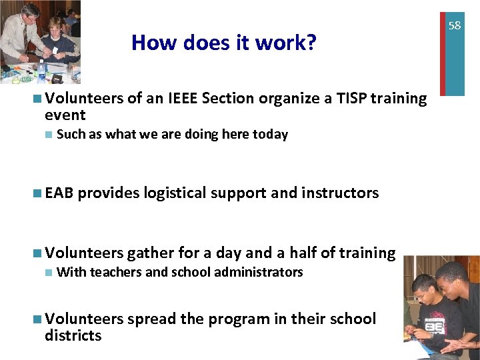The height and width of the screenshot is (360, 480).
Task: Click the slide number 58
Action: [454, 26]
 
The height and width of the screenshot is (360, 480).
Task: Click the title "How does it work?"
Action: [223, 43]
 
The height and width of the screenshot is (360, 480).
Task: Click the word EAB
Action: [61, 193]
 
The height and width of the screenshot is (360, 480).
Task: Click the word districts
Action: [73, 335]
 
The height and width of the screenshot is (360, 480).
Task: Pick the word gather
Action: [149, 253]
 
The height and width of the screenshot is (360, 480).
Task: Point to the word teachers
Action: [115, 272]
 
